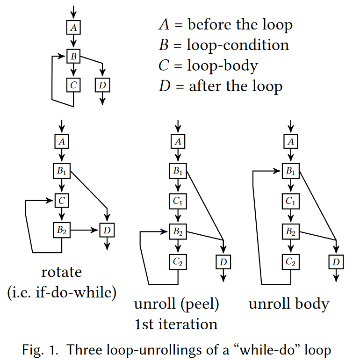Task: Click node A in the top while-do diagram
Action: (73, 28)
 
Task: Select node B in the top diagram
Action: (73, 57)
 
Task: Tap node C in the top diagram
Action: (73, 85)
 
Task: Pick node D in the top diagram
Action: (102, 85)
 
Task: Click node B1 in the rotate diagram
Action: (62, 171)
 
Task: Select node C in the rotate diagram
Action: (62, 201)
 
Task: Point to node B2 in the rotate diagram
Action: (62, 230)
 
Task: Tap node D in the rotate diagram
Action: (108, 230)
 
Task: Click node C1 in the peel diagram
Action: (178, 201)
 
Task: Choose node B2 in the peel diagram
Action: (178, 230)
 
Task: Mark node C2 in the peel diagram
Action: (178, 261)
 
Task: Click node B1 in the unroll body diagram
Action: (291, 171)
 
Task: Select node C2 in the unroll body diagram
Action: (291, 261)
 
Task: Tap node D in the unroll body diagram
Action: (336, 261)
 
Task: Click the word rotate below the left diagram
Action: (61, 272)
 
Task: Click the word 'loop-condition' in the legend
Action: (238, 45)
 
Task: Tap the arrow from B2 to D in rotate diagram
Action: (85, 230)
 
